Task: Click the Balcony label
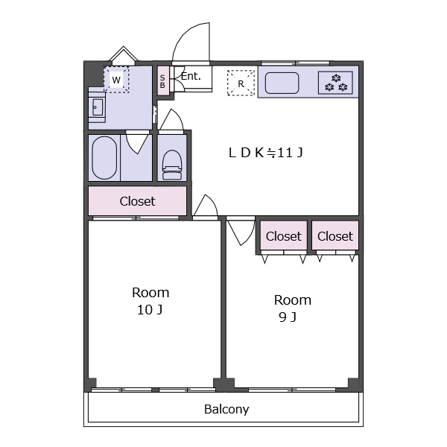(226, 409)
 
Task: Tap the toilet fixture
(172, 165)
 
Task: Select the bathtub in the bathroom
(104, 158)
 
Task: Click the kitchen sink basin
(282, 83)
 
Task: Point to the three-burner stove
(335, 83)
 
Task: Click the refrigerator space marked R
(241, 83)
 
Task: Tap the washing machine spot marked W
(116, 80)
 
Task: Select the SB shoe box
(162, 81)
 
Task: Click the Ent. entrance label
(191, 76)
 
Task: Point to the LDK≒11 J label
(265, 153)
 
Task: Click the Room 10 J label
(150, 301)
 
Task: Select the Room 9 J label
(292, 308)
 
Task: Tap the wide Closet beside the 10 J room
(137, 201)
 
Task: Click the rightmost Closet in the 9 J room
(335, 235)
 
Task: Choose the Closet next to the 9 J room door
(283, 235)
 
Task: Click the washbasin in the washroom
(97, 107)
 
